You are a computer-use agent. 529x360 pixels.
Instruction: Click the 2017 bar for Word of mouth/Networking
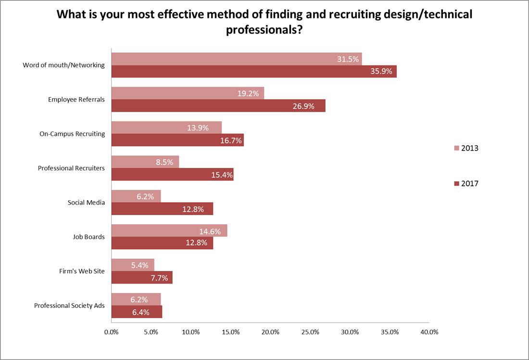(x=254, y=71)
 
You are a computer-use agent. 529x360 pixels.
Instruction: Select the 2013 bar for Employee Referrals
(x=188, y=93)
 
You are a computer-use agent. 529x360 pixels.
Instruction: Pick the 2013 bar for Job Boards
(x=169, y=231)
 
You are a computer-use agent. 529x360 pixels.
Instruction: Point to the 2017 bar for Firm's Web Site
(x=142, y=278)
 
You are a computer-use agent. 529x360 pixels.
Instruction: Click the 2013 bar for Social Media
(x=136, y=196)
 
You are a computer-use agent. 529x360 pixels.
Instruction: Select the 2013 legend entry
(x=466, y=148)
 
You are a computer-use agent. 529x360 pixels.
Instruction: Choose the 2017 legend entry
(x=466, y=183)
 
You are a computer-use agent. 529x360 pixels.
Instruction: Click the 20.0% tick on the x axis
(x=270, y=332)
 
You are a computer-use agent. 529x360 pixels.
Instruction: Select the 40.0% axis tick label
(x=429, y=332)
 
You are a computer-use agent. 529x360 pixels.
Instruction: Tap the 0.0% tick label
(x=111, y=332)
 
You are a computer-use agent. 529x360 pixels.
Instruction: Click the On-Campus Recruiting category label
(x=72, y=134)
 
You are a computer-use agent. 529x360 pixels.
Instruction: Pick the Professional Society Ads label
(x=69, y=306)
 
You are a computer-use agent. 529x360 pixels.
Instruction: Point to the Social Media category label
(x=86, y=203)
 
